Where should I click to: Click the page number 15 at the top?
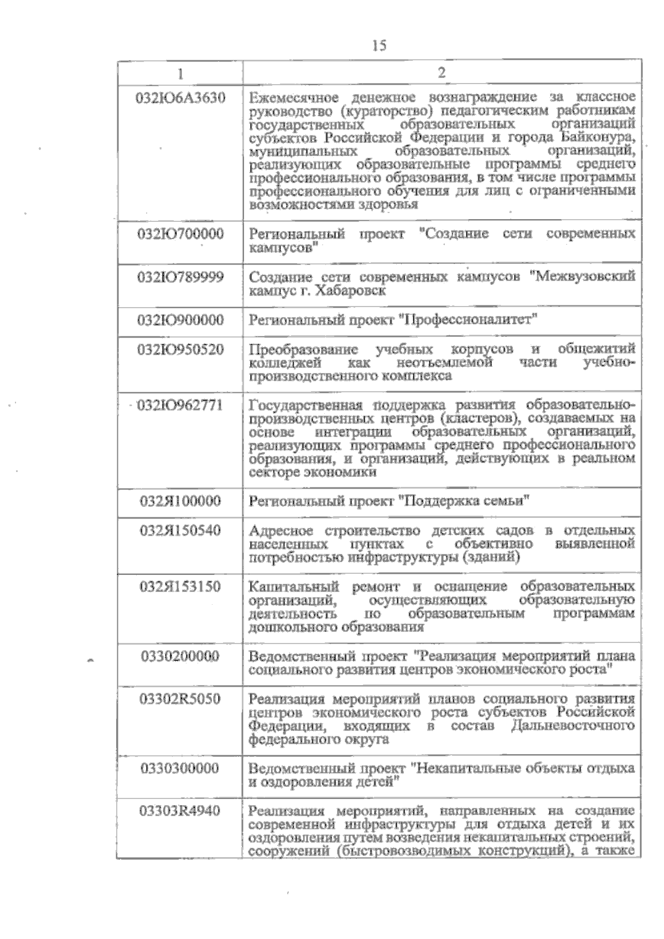[379, 45]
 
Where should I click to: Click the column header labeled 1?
[180, 73]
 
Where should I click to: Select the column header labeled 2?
[442, 73]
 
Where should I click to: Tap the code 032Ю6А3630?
[180, 98]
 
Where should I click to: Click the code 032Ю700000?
[180, 234]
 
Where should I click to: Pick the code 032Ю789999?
[180, 277]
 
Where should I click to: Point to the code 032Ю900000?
[180, 320]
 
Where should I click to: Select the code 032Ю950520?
[180, 350]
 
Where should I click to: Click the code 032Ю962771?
[180, 405]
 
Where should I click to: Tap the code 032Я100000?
[180, 502]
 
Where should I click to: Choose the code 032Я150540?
[180, 531]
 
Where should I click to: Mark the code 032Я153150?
[180, 587]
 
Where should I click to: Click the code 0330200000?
[180, 657]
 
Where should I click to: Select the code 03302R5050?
[180, 699]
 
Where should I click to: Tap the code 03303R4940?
[180, 812]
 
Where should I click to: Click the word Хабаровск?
[350, 290]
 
